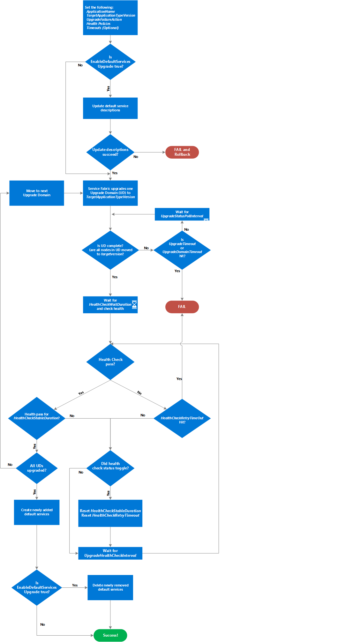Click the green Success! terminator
point(110,635)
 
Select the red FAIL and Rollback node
point(182,152)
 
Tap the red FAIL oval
point(182,307)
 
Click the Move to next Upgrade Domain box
point(37,193)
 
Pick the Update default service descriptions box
point(110,108)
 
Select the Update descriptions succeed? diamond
point(110,152)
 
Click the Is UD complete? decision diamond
point(110,250)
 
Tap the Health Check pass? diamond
point(110,362)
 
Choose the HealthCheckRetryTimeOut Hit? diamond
point(182,418)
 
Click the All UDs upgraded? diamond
point(37,468)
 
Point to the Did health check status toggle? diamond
point(110,468)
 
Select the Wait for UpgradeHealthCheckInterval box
point(110,553)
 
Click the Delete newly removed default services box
point(110,587)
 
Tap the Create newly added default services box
point(37,512)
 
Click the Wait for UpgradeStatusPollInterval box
point(182,214)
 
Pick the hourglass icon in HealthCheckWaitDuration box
point(134,304)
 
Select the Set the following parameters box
point(110,18)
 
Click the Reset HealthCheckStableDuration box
point(110,513)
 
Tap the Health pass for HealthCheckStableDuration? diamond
point(37,418)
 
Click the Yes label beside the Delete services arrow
point(75,585)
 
